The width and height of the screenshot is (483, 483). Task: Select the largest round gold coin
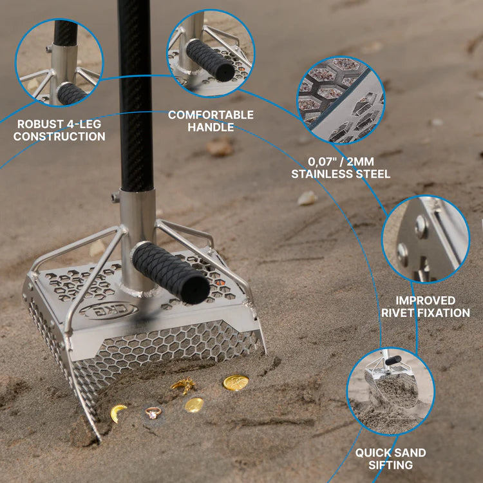pos(236,383)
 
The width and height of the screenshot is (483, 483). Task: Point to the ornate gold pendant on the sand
pos(184,386)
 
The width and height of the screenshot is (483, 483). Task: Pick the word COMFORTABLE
pos(211,115)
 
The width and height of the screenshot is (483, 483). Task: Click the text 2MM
pos(372,161)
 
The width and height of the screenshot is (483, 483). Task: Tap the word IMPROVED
pos(425,300)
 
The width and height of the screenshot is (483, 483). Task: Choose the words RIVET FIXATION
pos(425,313)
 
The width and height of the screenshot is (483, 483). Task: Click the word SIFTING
pos(392,464)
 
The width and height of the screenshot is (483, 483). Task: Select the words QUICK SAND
pos(392,452)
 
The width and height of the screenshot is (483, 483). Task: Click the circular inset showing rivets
pos(425,240)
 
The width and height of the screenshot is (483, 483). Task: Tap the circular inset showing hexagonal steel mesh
pos(341,99)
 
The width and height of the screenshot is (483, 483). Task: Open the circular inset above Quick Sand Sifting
pos(390,390)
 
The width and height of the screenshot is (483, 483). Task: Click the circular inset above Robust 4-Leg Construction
pos(59,62)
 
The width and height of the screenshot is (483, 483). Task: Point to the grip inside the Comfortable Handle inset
pos(210,60)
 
